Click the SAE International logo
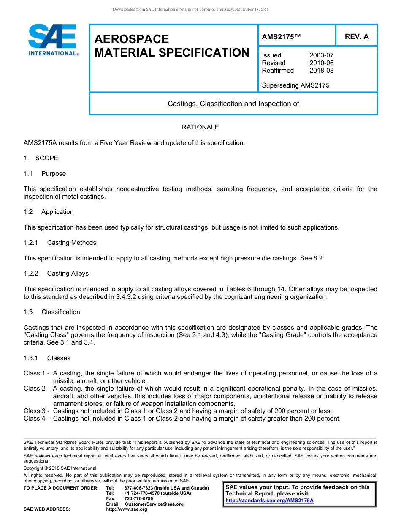click(52, 40)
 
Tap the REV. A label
click(356, 36)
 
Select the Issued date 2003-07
click(321, 55)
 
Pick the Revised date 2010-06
click(321, 63)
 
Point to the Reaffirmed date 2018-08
click(321, 71)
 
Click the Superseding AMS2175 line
click(295, 85)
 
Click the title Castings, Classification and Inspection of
click(233, 104)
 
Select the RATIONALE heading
click(200, 127)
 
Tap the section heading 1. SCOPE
click(41, 158)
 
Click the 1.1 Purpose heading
click(45, 174)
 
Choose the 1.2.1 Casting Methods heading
click(60, 243)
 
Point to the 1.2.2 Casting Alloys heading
click(56, 274)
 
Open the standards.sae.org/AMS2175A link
click(269, 501)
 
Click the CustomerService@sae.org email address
click(154, 504)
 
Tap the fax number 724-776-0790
click(138, 498)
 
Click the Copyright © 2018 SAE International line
click(60, 468)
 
